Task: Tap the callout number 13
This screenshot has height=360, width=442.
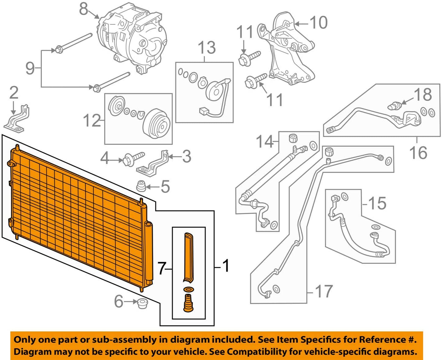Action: pyautogui.click(x=207, y=48)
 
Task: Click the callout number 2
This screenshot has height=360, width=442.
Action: pyautogui.click(x=14, y=93)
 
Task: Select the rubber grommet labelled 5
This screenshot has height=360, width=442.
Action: pyautogui.click(x=141, y=186)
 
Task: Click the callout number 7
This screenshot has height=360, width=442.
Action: pyautogui.click(x=162, y=268)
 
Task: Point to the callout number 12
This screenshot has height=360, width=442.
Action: pyautogui.click(x=92, y=121)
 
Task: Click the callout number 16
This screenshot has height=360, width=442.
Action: pyautogui.click(x=418, y=152)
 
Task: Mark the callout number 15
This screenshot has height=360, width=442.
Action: pyautogui.click(x=377, y=203)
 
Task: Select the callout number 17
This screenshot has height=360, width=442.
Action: pyautogui.click(x=324, y=292)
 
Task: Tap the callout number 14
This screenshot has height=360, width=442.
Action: pyautogui.click(x=265, y=142)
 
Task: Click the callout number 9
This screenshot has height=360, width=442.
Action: pyautogui.click(x=30, y=68)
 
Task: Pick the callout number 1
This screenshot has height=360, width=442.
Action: pyautogui.click(x=226, y=266)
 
